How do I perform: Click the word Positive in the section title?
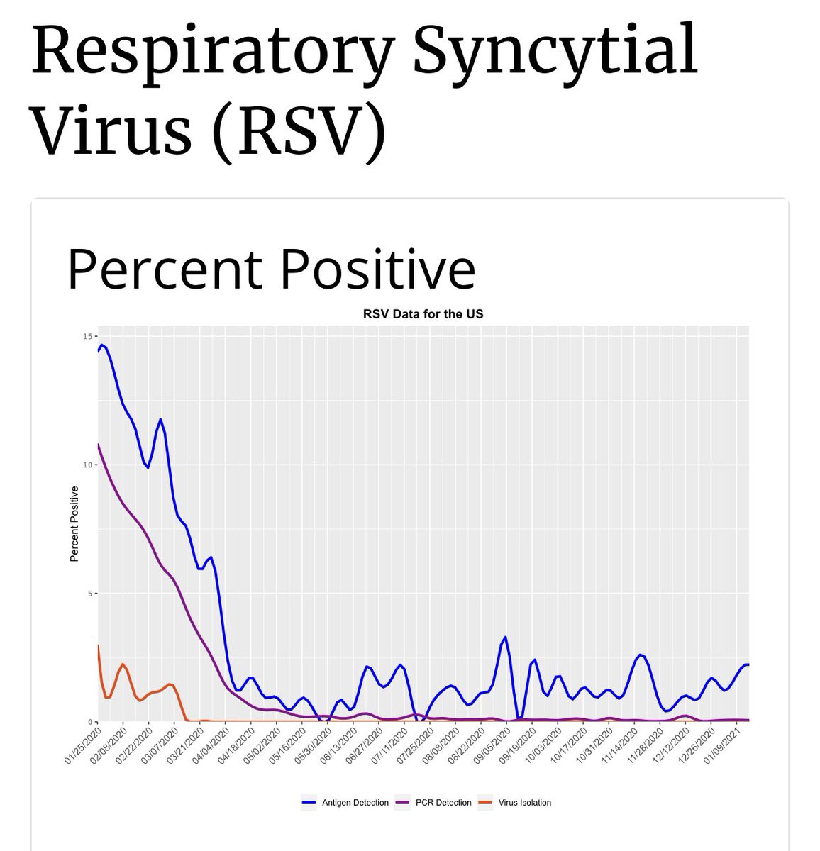(377, 269)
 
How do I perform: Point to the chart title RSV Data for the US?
(423, 313)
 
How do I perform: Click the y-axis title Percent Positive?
(74, 523)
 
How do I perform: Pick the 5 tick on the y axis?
(90, 593)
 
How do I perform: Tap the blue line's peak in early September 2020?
(505, 637)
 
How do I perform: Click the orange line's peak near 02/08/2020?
(123, 664)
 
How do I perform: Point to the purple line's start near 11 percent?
(99, 445)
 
